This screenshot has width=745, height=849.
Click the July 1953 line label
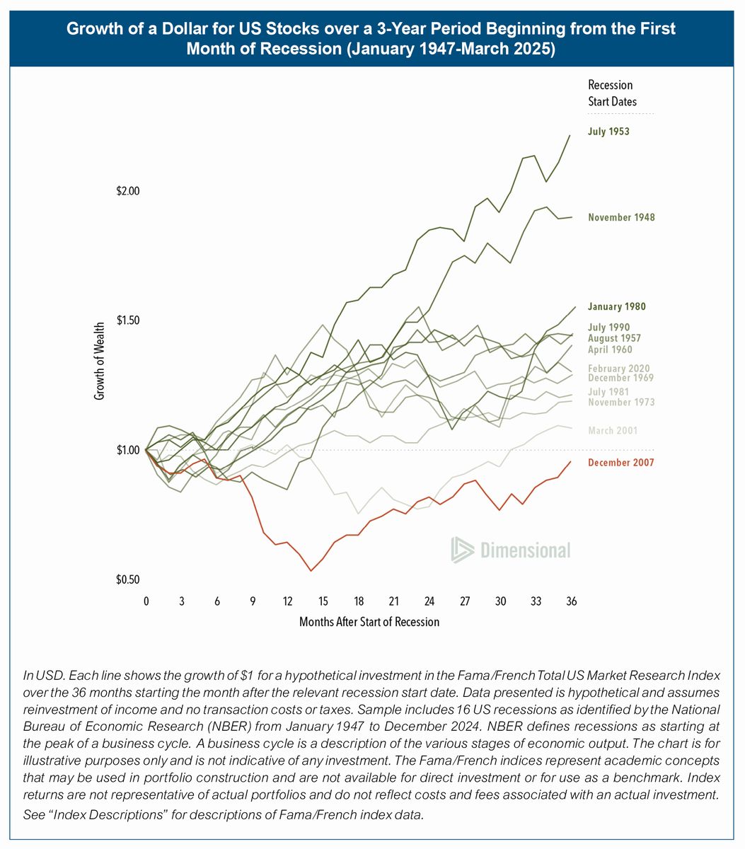(x=608, y=132)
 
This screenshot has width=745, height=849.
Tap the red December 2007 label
(x=620, y=463)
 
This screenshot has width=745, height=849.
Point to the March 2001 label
(x=613, y=431)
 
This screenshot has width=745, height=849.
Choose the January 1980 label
(x=616, y=307)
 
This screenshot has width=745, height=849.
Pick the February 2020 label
(x=619, y=369)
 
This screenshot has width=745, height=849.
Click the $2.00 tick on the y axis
(x=129, y=191)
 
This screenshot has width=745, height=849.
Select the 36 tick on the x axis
(x=571, y=601)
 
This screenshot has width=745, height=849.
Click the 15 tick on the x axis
(x=323, y=601)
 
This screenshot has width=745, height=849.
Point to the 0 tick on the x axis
(x=146, y=601)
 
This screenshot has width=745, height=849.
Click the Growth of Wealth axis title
(x=100, y=361)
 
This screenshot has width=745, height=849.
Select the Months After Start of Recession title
(x=369, y=622)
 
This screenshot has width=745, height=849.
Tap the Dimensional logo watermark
(x=511, y=550)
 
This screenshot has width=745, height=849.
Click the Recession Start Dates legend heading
(x=611, y=93)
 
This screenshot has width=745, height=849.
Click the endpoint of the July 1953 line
(x=570, y=134)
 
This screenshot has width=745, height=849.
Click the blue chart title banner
(x=371, y=39)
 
